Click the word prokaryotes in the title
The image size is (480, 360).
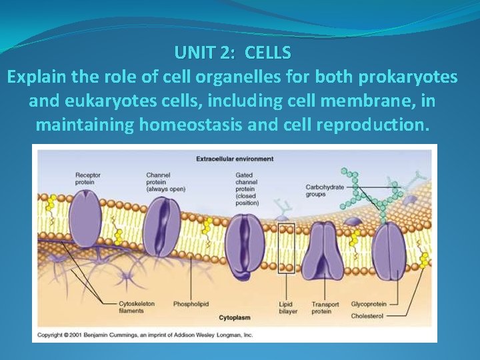(407, 77)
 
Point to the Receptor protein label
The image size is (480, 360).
(88, 179)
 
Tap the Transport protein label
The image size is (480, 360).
(325, 307)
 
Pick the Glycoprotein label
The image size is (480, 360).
(367, 304)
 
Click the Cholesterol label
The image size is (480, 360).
(367, 315)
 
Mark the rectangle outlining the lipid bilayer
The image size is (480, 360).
(286, 248)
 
